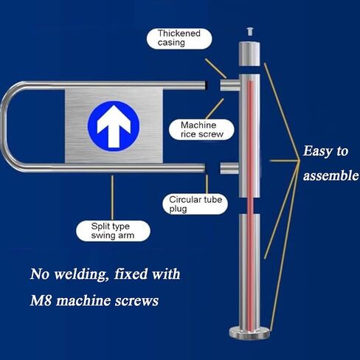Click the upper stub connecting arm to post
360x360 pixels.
tap(229, 86)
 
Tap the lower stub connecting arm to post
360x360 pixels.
tap(229, 169)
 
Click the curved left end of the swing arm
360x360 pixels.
tap(10, 127)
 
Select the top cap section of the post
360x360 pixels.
tap(249, 54)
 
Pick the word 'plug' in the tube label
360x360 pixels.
tap(177, 209)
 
